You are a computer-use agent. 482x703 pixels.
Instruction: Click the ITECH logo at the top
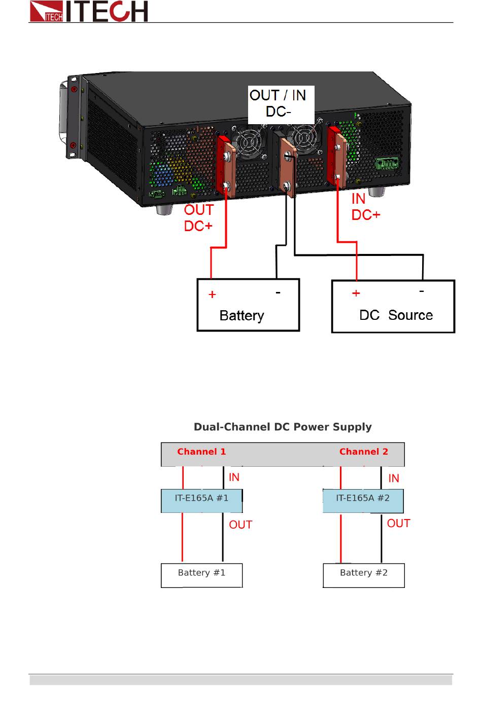(89, 11)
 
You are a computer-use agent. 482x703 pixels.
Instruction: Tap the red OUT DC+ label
(198, 218)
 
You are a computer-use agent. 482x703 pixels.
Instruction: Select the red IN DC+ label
(366, 207)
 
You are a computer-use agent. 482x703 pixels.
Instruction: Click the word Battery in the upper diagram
(242, 316)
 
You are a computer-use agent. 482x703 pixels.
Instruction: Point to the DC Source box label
(396, 315)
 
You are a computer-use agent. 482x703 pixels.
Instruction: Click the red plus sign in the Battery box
(212, 294)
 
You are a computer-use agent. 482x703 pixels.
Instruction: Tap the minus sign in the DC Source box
(422, 291)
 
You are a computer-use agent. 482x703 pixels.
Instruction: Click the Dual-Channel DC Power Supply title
(283, 427)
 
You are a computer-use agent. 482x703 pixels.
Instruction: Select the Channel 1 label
(201, 452)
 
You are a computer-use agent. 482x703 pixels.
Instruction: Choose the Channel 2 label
(364, 452)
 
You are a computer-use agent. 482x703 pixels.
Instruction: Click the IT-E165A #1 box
(202, 501)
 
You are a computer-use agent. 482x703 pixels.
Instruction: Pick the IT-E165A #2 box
(363, 501)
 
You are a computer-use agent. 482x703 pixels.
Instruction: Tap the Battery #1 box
(202, 575)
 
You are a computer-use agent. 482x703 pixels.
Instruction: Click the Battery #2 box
(364, 575)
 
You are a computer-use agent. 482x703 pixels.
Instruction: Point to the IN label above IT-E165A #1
(234, 477)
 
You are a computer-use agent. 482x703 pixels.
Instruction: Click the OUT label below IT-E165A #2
(398, 523)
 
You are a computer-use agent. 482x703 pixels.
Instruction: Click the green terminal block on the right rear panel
(388, 164)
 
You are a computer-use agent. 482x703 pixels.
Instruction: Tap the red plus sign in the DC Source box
(356, 293)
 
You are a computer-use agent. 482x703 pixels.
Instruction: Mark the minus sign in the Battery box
(278, 292)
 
